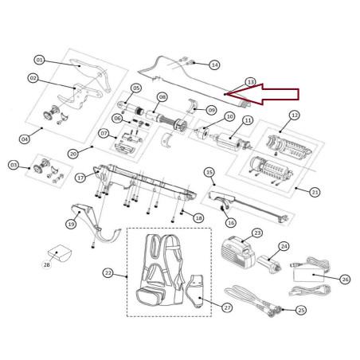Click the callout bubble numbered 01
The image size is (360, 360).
[x=40, y=59]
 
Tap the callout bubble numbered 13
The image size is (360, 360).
[x=250, y=82]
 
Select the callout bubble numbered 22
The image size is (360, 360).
[x=108, y=272]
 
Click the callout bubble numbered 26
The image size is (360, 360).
[x=344, y=279]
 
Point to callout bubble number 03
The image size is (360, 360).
[x=13, y=165]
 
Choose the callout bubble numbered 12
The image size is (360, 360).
[x=294, y=115]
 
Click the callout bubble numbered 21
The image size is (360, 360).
[x=315, y=192]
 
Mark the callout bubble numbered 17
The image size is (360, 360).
[x=80, y=178]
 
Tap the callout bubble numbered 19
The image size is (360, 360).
[x=70, y=225]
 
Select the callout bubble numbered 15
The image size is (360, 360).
[x=209, y=172]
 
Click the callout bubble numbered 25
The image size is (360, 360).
[x=299, y=309]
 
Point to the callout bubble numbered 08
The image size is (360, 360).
[x=162, y=97]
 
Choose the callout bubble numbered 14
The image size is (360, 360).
[x=214, y=64]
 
